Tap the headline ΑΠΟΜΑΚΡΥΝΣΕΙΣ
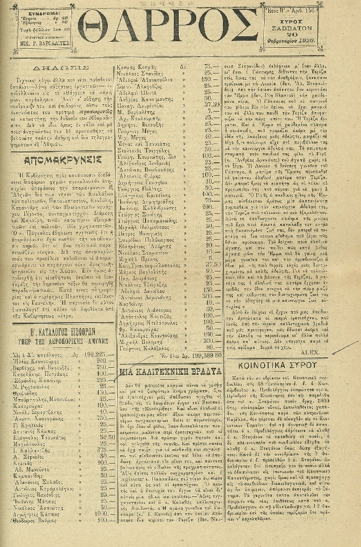(63, 160)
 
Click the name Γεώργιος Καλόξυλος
(140, 348)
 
